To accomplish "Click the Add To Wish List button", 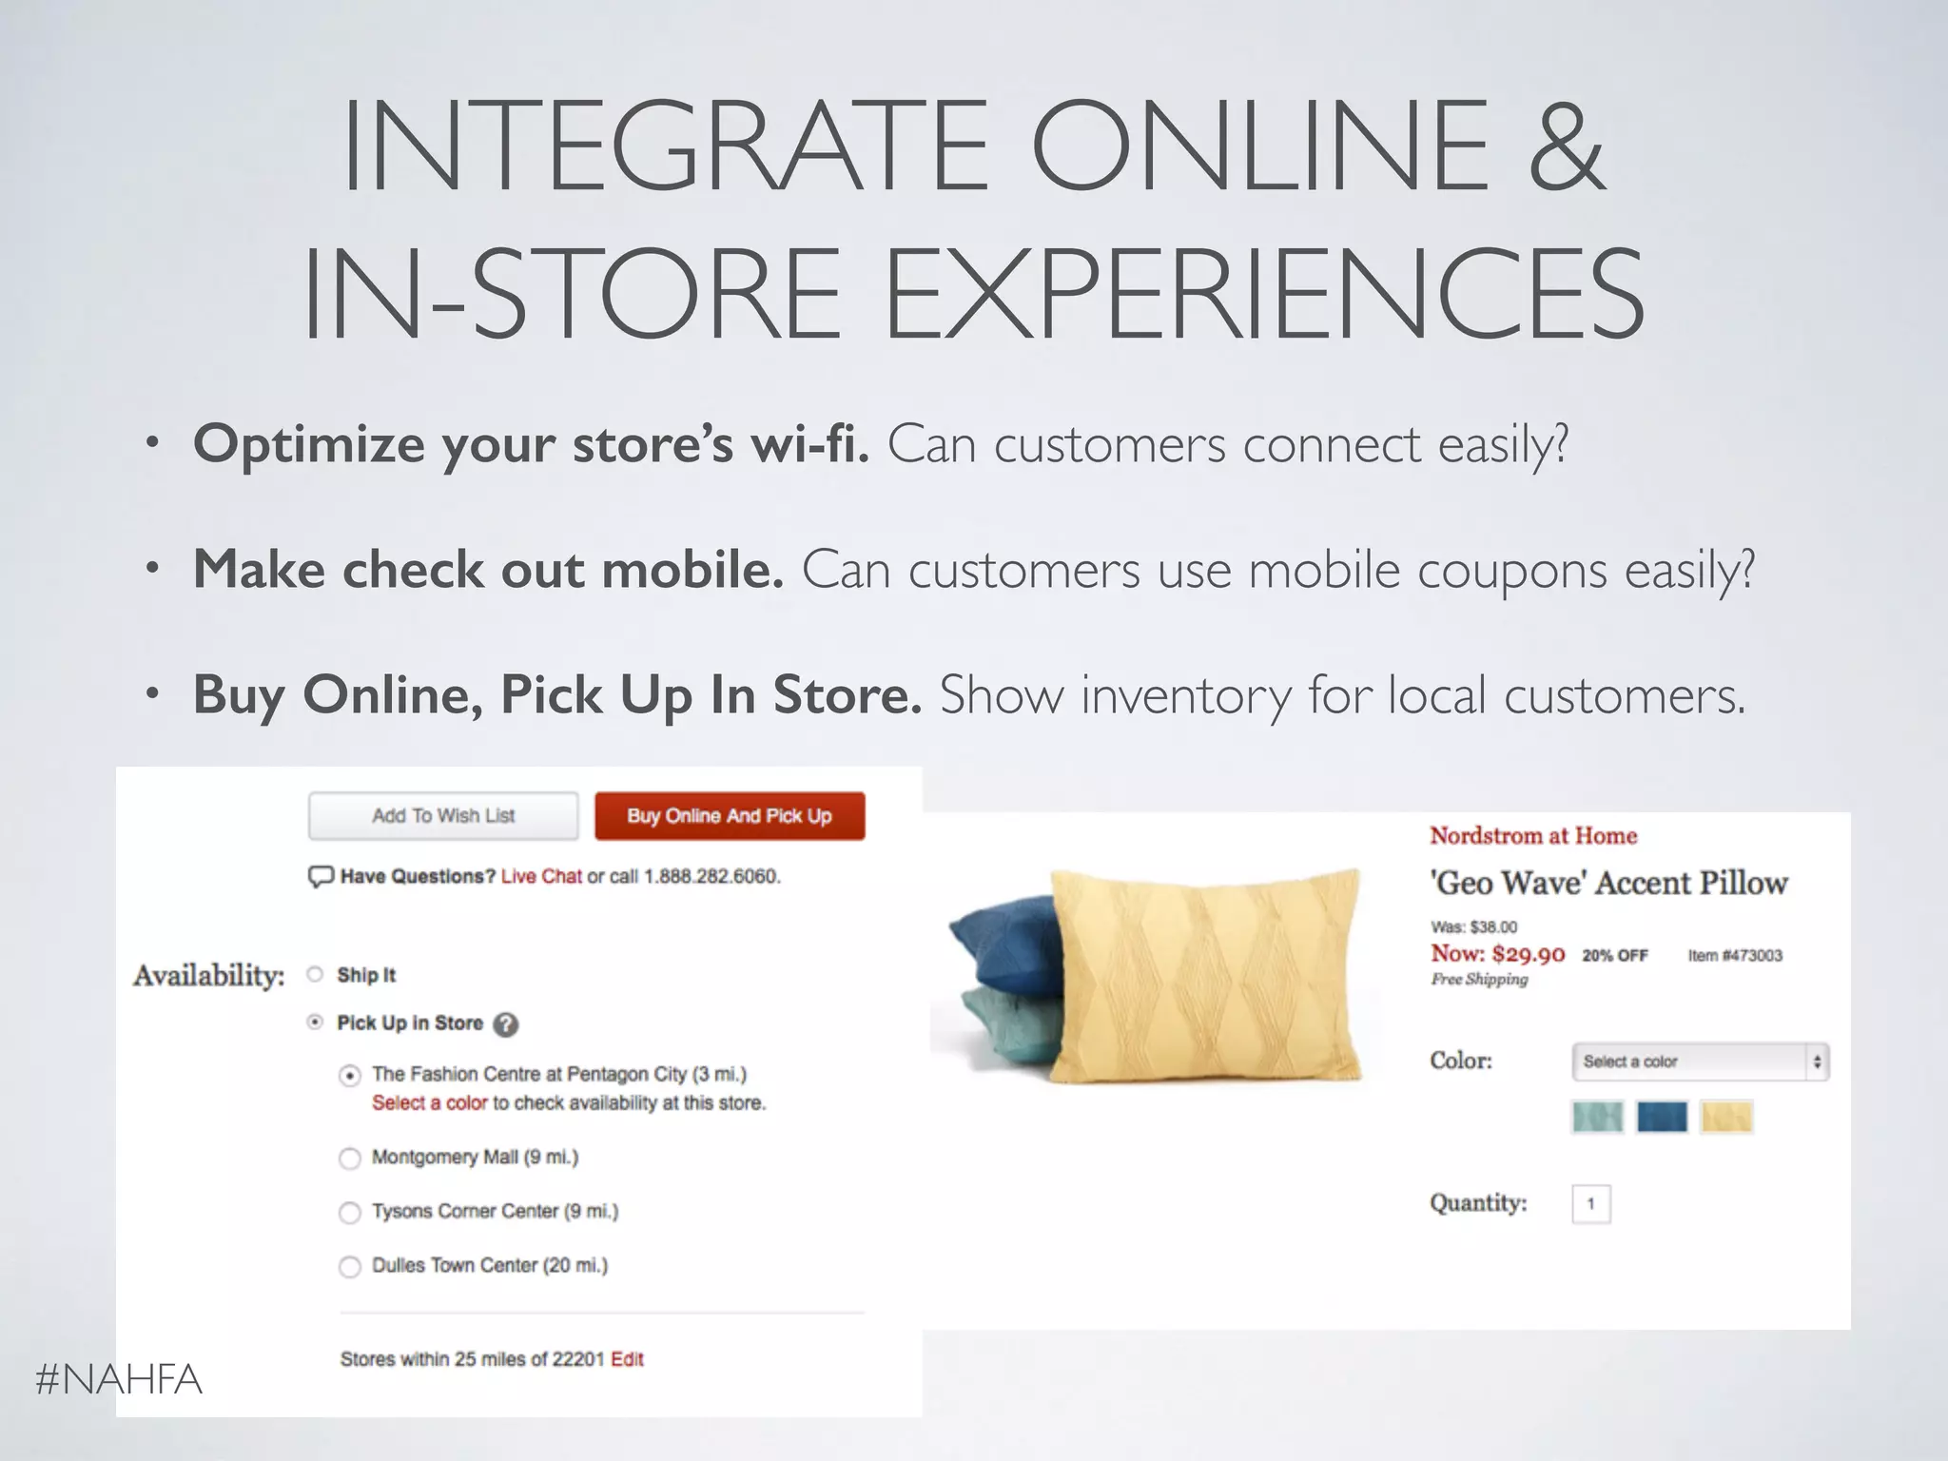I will tap(443, 816).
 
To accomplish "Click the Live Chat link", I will tap(541, 876).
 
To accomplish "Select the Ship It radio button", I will tap(316, 974).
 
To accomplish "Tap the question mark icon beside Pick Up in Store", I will tap(507, 1024).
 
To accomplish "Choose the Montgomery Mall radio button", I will tap(350, 1158).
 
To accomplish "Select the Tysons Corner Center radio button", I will tap(350, 1212).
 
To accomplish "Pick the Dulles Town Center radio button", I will tap(350, 1266).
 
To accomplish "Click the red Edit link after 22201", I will tap(627, 1359).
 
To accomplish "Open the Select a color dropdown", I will tap(1700, 1062).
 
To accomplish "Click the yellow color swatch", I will tap(1726, 1117).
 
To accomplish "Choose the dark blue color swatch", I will tap(1662, 1117).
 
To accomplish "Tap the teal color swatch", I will tap(1598, 1117).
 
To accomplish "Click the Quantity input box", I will tap(1591, 1204).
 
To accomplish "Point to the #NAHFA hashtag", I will tap(119, 1379).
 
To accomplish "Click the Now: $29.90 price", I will tap(1497, 953).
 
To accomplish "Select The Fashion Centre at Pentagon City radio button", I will tap(350, 1076).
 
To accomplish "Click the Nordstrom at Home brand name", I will tap(1533, 836).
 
